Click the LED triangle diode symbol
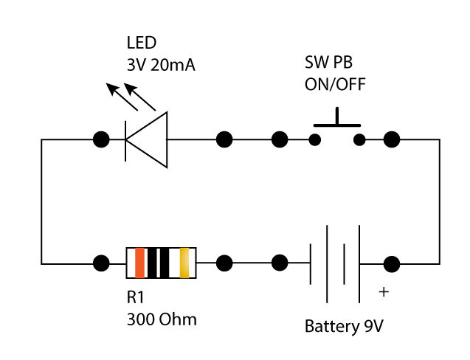pyautogui.click(x=148, y=139)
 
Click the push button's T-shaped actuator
pyautogui.click(x=337, y=120)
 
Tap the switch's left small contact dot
pyautogui.click(x=315, y=139)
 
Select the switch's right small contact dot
pyautogui.click(x=359, y=139)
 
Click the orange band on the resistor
pyautogui.click(x=139, y=263)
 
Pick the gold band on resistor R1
pyautogui.click(x=184, y=263)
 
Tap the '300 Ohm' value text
pyautogui.click(x=161, y=321)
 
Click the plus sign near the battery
pyautogui.click(x=383, y=292)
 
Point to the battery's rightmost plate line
pyautogui.click(x=359, y=263)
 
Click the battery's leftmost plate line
pyautogui.click(x=310, y=263)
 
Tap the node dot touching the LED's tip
pyautogui.click(x=102, y=139)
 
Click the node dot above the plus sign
pyautogui.click(x=391, y=263)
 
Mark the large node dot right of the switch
pyautogui.click(x=391, y=139)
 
